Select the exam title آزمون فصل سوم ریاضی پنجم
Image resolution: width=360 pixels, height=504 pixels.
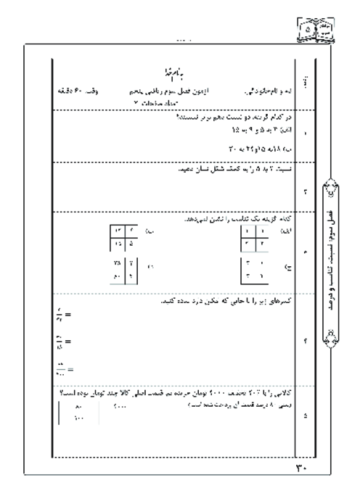pos(168,94)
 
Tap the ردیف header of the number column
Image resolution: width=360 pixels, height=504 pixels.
pos(303,86)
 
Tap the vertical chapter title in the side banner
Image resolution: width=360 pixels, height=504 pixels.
pos(333,257)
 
